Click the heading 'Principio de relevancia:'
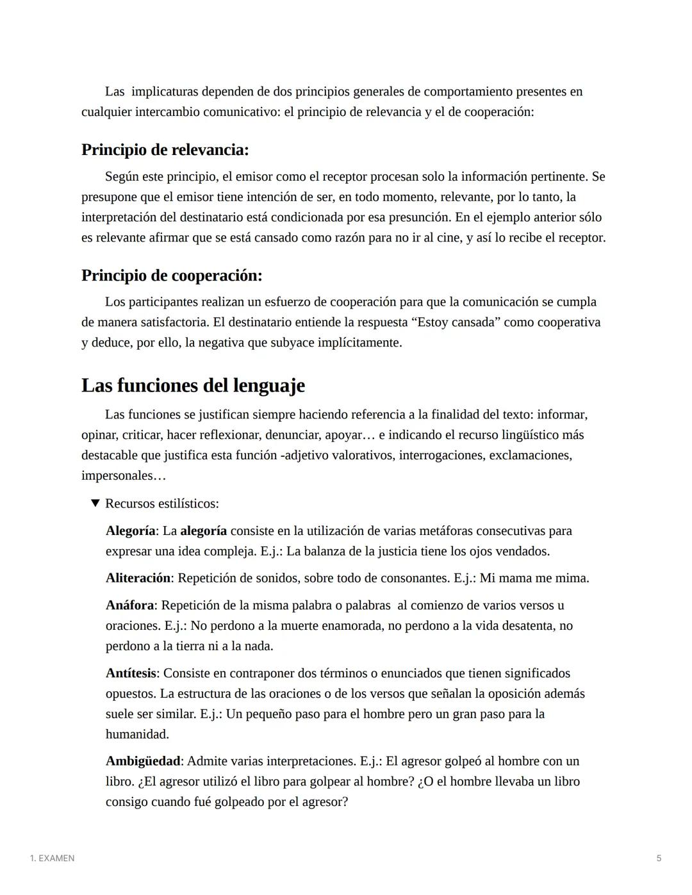(165, 150)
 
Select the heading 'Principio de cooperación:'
(172, 275)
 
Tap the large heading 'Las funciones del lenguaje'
(193, 385)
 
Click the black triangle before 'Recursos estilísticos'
(95, 503)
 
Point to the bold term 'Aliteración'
(138, 578)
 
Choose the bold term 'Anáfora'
(129, 605)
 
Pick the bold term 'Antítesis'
(131, 673)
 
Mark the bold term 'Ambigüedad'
(143, 761)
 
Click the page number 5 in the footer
(659, 858)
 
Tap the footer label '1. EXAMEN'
(52, 858)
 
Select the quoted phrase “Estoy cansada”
(458, 322)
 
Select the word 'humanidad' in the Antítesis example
(136, 734)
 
